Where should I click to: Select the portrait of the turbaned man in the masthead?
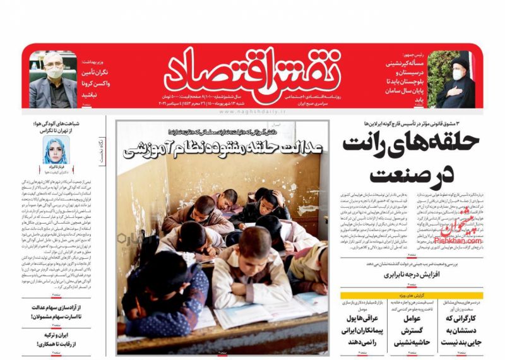click(457, 79)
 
